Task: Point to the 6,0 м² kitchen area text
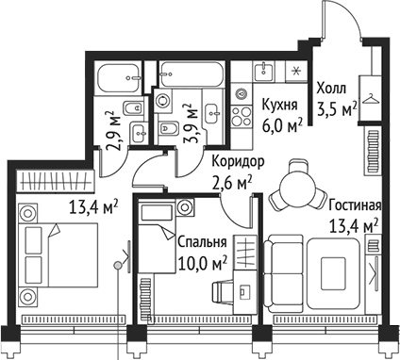pyautogui.click(x=282, y=123)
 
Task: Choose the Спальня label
pyautogui.click(x=202, y=241)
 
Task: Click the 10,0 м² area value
pyautogui.click(x=200, y=260)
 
